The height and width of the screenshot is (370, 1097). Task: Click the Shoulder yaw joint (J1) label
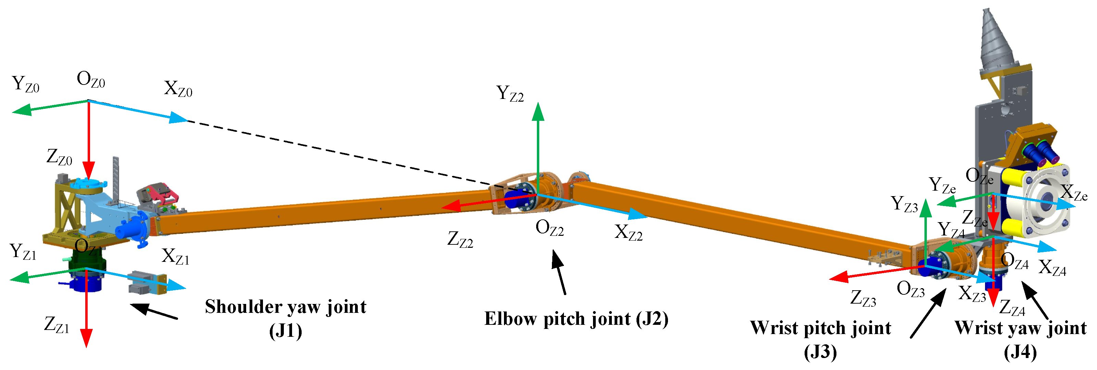285,317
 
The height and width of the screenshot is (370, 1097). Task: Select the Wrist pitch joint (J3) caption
820,339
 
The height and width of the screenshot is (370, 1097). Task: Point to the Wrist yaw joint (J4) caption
1020,339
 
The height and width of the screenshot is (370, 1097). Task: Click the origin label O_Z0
91,80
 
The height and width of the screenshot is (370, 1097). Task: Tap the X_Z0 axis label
178,89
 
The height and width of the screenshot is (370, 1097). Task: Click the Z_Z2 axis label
460,239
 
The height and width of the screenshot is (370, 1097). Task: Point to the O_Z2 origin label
549,228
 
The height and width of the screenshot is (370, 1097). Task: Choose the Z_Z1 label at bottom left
56,325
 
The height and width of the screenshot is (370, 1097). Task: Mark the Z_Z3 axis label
863,298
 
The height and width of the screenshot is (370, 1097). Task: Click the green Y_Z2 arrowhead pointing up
538,112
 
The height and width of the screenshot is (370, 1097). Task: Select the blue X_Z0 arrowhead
179,118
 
